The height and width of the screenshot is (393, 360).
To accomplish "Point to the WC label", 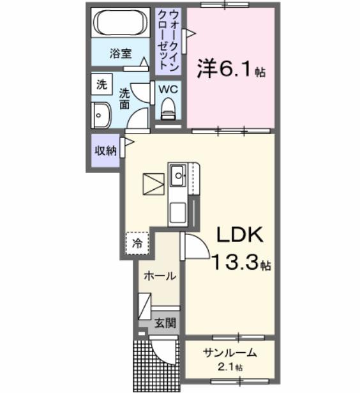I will pos(169,89).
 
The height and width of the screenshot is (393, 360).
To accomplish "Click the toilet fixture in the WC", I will pos(169,109).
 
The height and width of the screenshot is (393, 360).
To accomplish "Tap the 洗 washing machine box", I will pos(101,84).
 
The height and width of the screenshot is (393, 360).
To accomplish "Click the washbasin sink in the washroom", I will pos(101,115).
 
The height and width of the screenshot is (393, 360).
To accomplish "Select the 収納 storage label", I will pos(105,151).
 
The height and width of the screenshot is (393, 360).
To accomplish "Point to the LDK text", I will pos(239,236).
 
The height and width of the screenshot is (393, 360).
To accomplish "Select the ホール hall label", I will pos(158,276).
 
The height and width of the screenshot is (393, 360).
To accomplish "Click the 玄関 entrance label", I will pos(165,323).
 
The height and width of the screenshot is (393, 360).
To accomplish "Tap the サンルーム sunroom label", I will pos(230,353).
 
